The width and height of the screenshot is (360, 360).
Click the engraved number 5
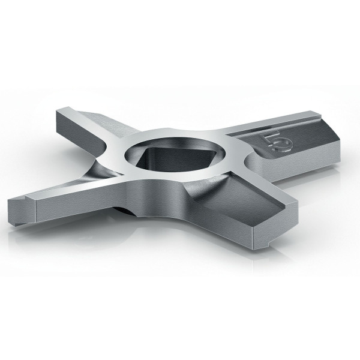point(278,143)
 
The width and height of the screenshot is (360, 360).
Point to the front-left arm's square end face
point(22,211)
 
